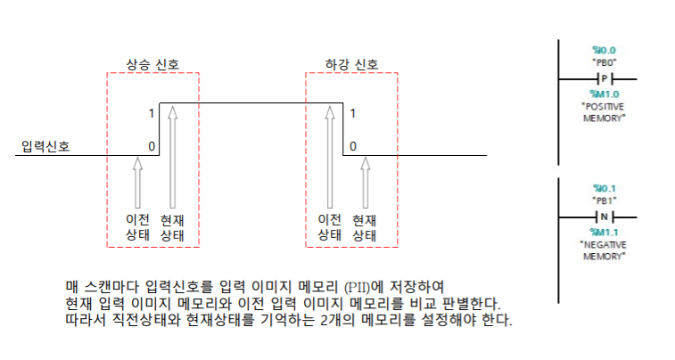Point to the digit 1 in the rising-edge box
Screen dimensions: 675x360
pyautogui.click(x=152, y=114)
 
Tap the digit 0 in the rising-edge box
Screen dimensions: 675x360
pyautogui.click(x=152, y=145)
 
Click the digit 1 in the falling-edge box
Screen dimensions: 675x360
pyautogui.click(x=353, y=114)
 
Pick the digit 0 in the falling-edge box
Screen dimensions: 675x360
pyautogui.click(x=353, y=145)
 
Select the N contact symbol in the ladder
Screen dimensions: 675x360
pyautogui.click(x=603, y=217)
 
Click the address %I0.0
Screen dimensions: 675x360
pyautogui.click(x=604, y=50)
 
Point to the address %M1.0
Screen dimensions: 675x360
pyautogui.click(x=604, y=93)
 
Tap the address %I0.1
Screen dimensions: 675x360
pyautogui.click(x=604, y=188)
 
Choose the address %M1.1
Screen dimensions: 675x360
pyautogui.click(x=604, y=231)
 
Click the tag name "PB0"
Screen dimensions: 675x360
pyautogui.click(x=604, y=62)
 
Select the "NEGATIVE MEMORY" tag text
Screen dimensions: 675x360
pyautogui.click(x=604, y=250)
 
